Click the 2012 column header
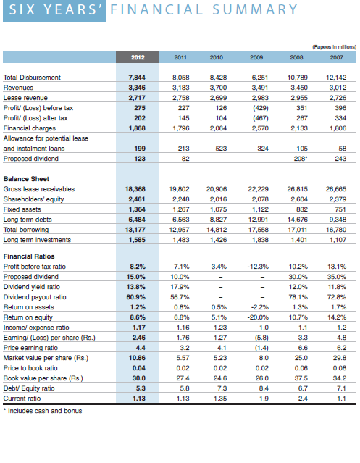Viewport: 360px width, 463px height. (x=138, y=57)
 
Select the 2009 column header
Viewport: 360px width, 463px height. (x=256, y=57)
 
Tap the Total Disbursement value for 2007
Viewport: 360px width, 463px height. (x=336, y=78)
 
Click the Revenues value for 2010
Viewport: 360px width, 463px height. (x=218, y=88)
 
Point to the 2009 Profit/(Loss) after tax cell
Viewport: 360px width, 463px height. (x=261, y=118)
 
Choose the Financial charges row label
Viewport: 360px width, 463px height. (x=30, y=128)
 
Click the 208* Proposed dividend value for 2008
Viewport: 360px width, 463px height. (x=301, y=159)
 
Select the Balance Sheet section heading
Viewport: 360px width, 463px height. (x=26, y=179)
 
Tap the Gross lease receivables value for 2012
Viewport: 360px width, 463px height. (x=135, y=189)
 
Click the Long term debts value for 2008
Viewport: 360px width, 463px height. (x=298, y=220)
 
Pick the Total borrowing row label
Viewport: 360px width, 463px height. (x=26, y=230)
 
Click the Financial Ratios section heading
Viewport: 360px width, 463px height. (x=29, y=256)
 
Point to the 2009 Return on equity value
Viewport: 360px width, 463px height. (x=258, y=317)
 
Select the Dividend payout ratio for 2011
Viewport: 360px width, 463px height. (x=180, y=297)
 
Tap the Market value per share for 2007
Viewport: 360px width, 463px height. (x=340, y=358)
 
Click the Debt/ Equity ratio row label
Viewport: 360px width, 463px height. (x=29, y=388)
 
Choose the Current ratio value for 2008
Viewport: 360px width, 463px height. (x=303, y=399)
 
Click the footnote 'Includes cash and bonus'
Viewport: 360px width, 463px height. (x=43, y=411)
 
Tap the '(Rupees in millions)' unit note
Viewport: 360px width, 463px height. (x=335, y=46)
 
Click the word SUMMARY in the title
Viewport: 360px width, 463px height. (x=255, y=9)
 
